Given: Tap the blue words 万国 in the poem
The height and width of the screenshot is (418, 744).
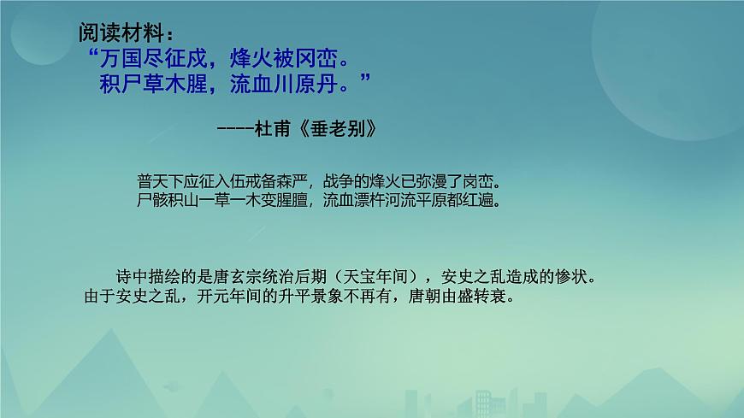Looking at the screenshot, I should click(121, 59).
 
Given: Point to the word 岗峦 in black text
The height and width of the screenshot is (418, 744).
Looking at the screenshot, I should click(478, 182).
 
